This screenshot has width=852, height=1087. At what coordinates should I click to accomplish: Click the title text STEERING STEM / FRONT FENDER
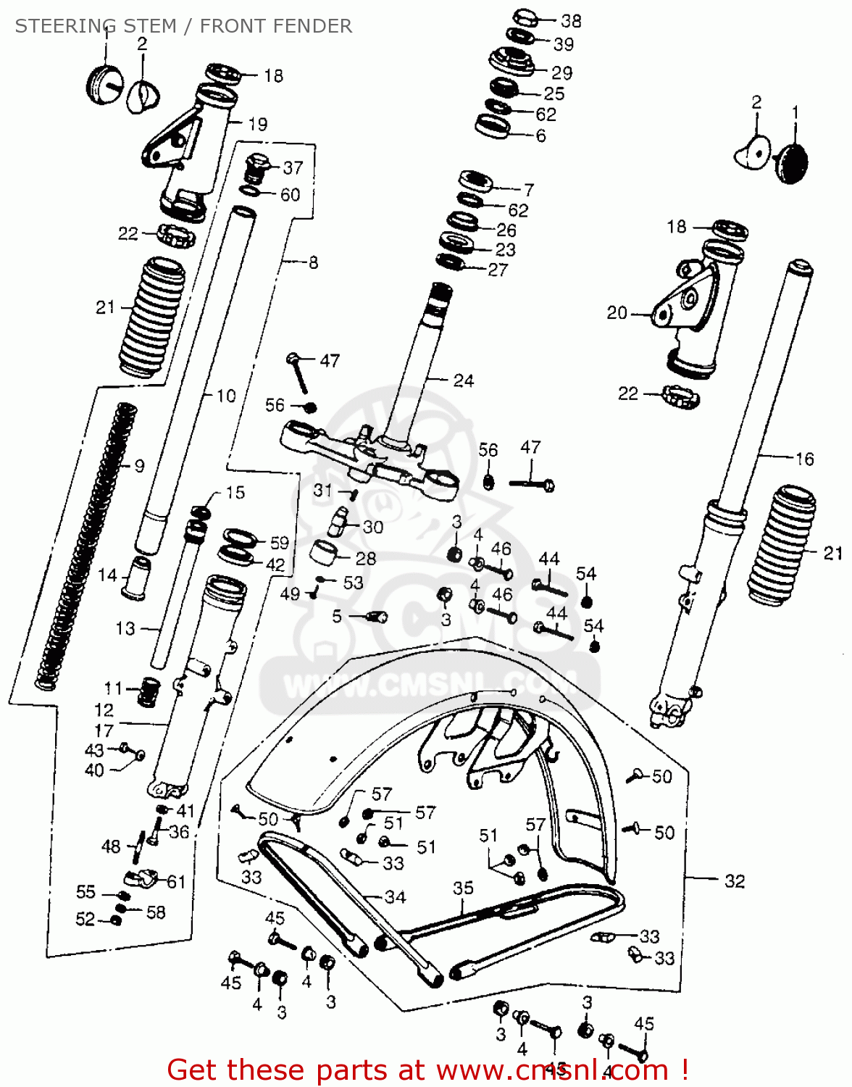pyautogui.click(x=183, y=26)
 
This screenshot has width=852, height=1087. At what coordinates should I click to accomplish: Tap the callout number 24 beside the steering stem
pyautogui.click(x=463, y=380)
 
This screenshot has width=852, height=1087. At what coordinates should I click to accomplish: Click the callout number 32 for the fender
pyautogui.click(x=735, y=880)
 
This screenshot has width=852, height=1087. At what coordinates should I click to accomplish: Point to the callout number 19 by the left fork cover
pyautogui.click(x=257, y=125)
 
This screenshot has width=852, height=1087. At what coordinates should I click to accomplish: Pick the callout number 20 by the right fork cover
pyautogui.click(x=617, y=313)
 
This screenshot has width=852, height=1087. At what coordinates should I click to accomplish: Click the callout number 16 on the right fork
pyautogui.click(x=804, y=459)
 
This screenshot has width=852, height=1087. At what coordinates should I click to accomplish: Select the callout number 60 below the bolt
pyautogui.click(x=290, y=195)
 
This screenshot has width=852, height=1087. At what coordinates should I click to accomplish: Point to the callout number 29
pyautogui.click(x=561, y=73)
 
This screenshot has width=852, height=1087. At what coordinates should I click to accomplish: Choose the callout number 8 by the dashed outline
pyautogui.click(x=313, y=262)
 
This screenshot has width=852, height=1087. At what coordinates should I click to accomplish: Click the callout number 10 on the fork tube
pyautogui.click(x=226, y=396)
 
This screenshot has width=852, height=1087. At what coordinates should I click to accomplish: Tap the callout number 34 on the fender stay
pyautogui.click(x=395, y=897)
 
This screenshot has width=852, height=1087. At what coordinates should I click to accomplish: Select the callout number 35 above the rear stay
pyautogui.click(x=463, y=888)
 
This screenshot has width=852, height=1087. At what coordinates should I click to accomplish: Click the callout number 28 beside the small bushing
pyautogui.click(x=366, y=558)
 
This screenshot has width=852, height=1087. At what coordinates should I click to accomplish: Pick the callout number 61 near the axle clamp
pyautogui.click(x=176, y=882)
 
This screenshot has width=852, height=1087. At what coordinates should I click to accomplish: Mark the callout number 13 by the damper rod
pyautogui.click(x=125, y=628)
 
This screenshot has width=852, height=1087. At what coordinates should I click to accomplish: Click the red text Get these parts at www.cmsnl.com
pyautogui.click(x=427, y=1070)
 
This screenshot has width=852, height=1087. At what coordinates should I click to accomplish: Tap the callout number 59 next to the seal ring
pyautogui.click(x=279, y=543)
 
